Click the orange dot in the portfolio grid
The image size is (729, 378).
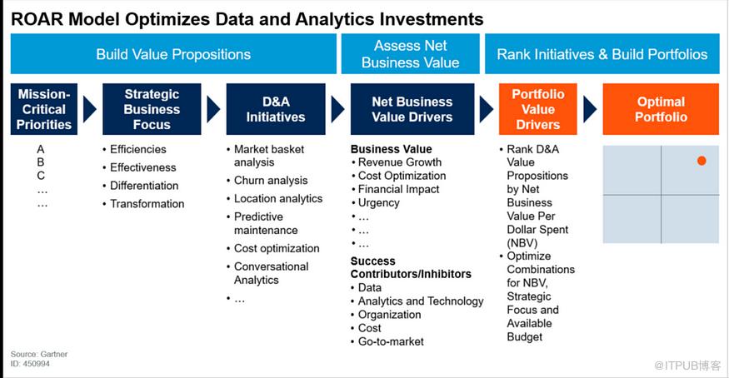702,161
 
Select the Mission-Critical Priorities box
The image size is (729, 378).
44,109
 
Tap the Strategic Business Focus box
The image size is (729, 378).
152,109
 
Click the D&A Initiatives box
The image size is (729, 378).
276,109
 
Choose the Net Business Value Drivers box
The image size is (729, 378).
412,109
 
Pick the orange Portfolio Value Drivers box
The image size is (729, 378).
538,109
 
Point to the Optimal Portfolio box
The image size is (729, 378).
661,109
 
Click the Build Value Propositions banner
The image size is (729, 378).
173,54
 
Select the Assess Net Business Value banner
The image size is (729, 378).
411,54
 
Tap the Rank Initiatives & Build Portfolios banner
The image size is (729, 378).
602,54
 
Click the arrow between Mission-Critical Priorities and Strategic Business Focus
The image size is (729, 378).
89,110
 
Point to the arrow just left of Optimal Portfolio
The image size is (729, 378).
590,110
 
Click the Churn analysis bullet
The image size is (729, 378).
267,180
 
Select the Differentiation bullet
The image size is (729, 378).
141,186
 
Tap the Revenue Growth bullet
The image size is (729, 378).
397,162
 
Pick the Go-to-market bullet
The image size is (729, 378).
387,341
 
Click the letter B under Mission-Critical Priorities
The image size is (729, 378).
41,162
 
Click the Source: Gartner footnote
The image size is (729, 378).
39,354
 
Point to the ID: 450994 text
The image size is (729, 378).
30,364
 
